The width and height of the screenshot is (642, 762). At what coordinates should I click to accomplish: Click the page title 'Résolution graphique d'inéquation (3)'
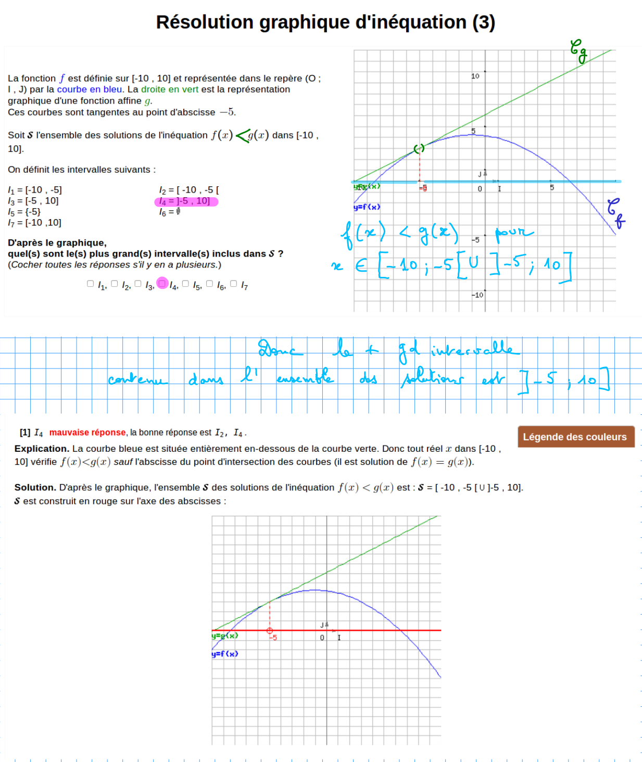[325, 22]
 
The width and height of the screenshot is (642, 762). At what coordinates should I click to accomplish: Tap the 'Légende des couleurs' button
[575, 437]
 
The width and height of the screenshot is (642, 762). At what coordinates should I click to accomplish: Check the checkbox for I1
[91, 284]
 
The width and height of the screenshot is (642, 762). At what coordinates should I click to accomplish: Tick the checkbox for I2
[115, 284]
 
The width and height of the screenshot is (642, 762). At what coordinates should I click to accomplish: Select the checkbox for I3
[138, 284]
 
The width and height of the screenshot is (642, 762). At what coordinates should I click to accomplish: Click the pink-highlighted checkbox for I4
[162, 284]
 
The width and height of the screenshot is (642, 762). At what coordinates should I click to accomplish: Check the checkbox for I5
[185, 284]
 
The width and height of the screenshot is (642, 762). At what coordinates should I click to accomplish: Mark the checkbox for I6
[209, 284]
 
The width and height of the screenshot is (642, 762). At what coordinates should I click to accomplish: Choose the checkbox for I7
[233, 284]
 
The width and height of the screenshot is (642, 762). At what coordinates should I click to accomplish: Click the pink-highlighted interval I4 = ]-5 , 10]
[186, 201]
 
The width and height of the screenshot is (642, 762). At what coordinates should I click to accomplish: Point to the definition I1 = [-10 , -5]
[35, 190]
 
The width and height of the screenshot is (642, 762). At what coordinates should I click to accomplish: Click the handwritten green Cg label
[578, 50]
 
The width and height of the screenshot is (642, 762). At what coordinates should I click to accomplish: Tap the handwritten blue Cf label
[615, 212]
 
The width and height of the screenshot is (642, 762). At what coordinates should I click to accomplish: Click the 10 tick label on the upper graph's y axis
[475, 76]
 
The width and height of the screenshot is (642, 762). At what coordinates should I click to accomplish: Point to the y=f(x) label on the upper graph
[367, 207]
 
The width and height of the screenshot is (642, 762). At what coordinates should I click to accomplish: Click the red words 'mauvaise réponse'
[87, 433]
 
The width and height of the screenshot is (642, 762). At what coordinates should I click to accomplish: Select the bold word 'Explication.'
[42, 449]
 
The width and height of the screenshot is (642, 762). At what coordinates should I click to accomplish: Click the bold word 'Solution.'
[35, 488]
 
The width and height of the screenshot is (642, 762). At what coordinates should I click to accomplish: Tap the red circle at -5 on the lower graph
[270, 631]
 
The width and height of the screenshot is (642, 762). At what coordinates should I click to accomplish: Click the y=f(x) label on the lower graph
[225, 654]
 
